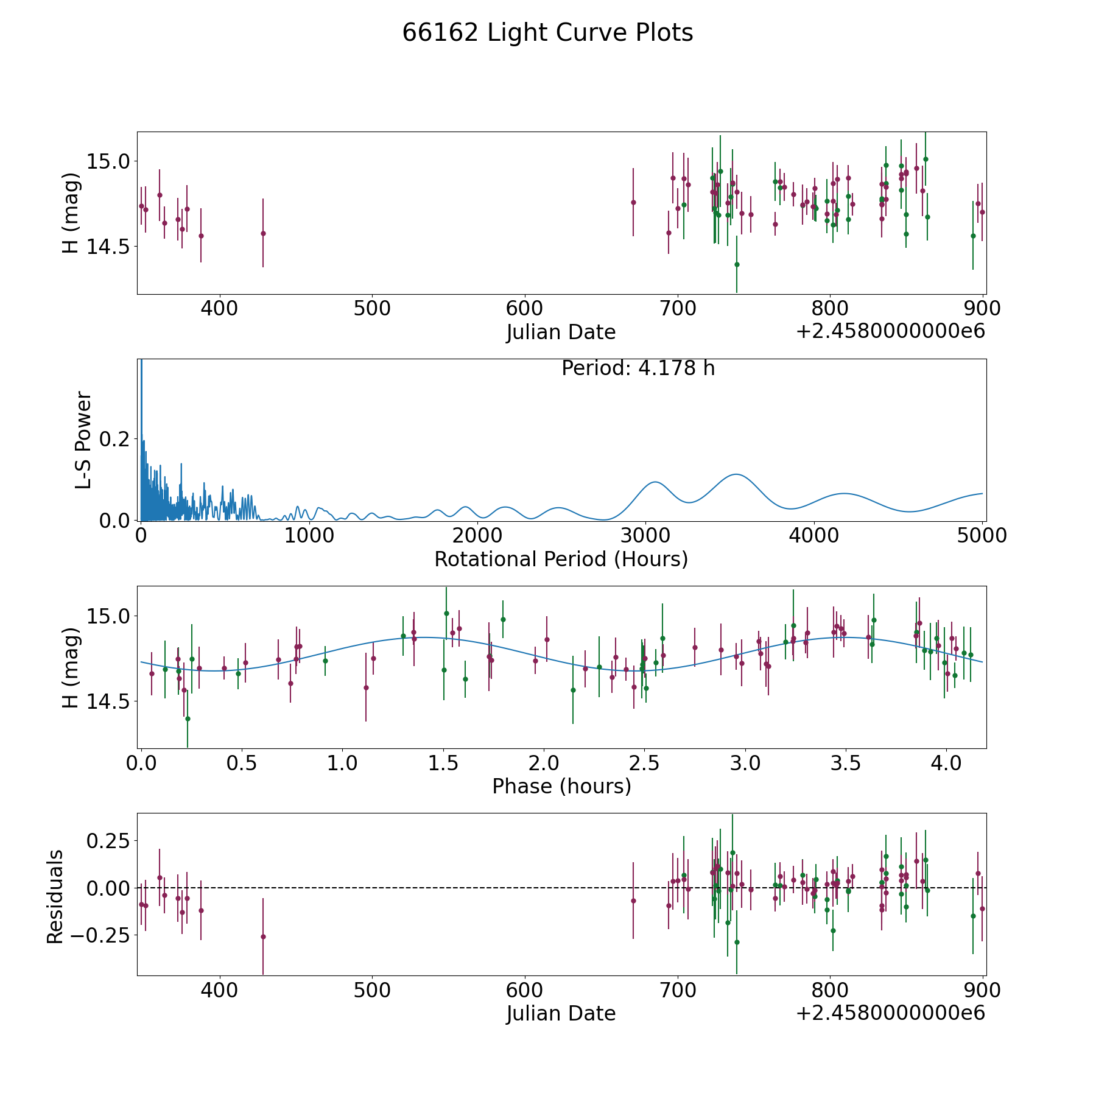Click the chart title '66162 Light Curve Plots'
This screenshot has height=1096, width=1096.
[547, 33]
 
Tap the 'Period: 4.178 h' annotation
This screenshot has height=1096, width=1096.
[638, 368]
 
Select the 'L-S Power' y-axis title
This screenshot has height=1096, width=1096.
[83, 440]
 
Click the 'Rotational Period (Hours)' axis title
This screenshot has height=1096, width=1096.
[561, 559]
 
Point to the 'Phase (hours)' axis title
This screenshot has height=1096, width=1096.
[561, 786]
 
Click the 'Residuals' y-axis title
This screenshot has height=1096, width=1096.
[55, 896]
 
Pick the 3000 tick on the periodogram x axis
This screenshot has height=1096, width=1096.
[645, 536]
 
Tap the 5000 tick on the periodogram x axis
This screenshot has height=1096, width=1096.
[982, 536]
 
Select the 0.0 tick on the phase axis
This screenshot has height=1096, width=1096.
[142, 763]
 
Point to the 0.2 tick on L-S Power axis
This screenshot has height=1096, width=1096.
[116, 439]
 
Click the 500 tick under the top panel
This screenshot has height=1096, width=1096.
[372, 309]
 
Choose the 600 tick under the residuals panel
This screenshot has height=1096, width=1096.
[525, 990]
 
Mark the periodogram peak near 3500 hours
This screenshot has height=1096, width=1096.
[736, 474]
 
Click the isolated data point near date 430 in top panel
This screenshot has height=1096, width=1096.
[263, 233]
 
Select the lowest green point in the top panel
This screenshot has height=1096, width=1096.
[737, 264]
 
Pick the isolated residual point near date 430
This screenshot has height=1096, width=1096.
[263, 936]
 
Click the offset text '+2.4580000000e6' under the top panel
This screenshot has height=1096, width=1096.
[890, 332]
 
